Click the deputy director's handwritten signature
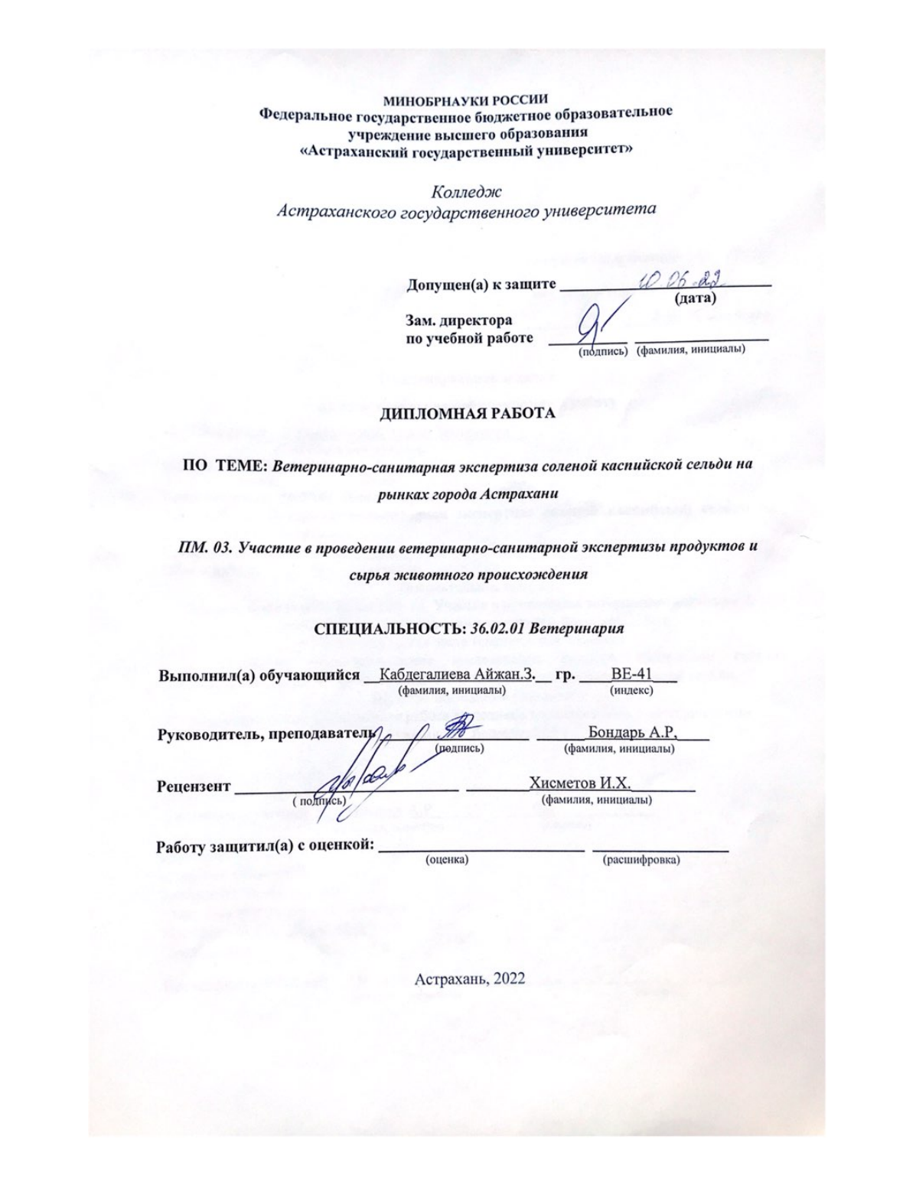click(x=599, y=328)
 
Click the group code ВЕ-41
click(x=631, y=676)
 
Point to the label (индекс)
click(x=631, y=690)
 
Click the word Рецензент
click(x=193, y=786)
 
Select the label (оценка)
click(x=447, y=860)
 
